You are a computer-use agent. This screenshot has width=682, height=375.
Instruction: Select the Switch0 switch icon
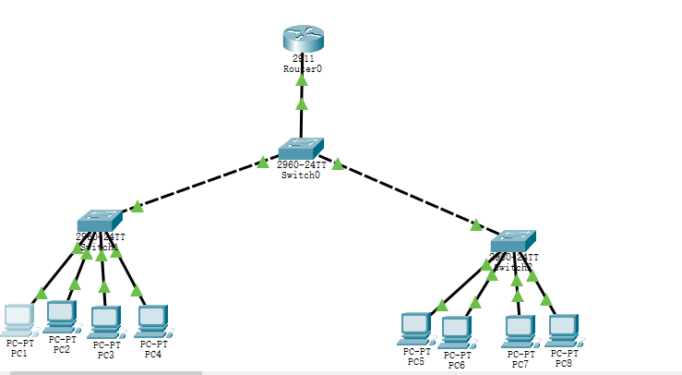click(x=302, y=148)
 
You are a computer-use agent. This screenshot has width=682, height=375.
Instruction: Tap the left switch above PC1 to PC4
click(x=100, y=221)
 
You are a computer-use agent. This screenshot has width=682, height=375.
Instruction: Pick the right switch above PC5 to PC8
click(x=513, y=241)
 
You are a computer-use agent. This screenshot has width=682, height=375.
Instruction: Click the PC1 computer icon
click(x=18, y=319)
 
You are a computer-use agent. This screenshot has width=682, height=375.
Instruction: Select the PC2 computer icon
click(x=61, y=316)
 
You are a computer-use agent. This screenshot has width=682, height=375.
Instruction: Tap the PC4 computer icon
click(x=152, y=320)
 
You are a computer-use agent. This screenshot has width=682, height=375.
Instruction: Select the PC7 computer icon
click(x=519, y=329)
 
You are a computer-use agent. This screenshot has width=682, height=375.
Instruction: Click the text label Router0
click(x=303, y=69)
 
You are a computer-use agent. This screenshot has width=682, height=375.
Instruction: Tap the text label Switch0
click(x=301, y=175)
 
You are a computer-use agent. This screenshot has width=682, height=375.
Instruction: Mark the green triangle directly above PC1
click(x=40, y=294)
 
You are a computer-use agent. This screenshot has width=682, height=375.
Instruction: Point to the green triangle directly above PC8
click(x=546, y=299)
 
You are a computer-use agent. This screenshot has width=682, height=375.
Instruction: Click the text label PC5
click(x=416, y=361)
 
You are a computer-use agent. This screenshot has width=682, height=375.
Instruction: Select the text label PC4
click(x=152, y=354)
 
